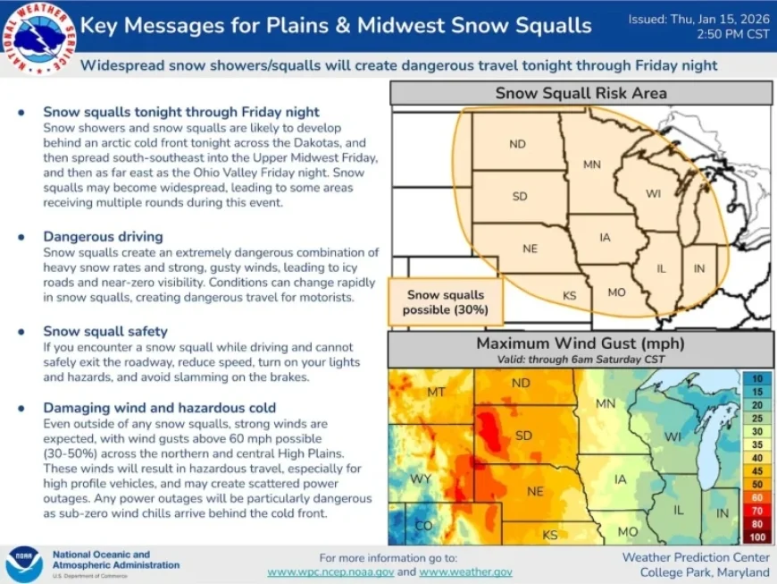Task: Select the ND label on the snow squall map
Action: click(518, 144)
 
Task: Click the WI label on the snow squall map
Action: click(654, 193)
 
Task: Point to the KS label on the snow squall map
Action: click(570, 295)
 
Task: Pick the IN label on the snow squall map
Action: click(699, 268)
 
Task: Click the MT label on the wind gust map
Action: click(436, 392)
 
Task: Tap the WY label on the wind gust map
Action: click(422, 478)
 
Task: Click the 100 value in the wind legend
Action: click(756, 536)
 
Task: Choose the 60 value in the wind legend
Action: click(756, 496)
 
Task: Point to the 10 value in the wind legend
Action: click(756, 379)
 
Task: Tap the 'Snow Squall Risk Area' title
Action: click(581, 93)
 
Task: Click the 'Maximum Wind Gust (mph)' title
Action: click(581, 343)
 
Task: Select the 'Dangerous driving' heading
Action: click(103, 237)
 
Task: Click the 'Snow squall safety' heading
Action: click(105, 331)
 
